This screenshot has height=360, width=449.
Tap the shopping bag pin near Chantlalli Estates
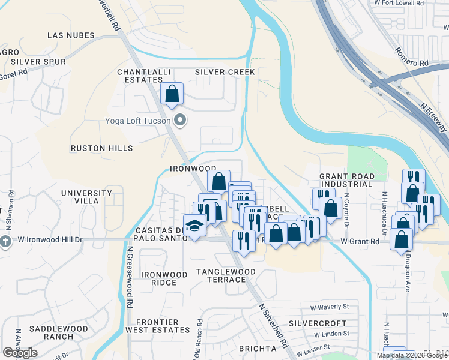click(x=172, y=94)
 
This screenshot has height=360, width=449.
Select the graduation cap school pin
click(x=195, y=226)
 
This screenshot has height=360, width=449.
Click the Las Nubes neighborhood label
click(x=71, y=36)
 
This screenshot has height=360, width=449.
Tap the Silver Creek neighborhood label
click(x=225, y=72)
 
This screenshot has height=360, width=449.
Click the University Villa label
click(x=86, y=197)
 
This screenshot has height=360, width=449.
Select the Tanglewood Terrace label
click(x=226, y=276)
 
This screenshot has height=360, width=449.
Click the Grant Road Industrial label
click(x=347, y=180)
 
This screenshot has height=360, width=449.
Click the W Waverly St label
click(x=329, y=307)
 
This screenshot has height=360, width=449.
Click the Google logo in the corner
click(x=20, y=353)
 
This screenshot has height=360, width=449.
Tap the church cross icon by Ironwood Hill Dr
click(x=5, y=242)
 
